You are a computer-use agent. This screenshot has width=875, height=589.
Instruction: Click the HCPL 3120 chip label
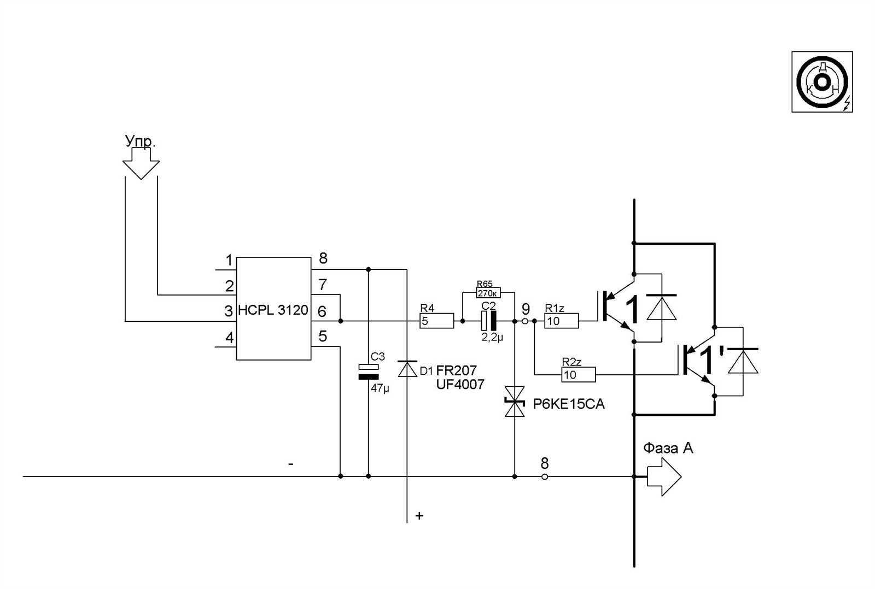click(273, 310)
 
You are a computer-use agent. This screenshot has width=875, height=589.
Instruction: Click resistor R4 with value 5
click(436, 321)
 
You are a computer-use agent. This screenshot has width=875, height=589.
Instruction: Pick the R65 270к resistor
click(488, 293)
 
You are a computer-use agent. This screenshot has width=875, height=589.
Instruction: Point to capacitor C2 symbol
click(488, 321)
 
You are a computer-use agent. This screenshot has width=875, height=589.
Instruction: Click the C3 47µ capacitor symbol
click(368, 372)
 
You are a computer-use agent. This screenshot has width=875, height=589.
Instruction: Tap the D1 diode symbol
click(407, 369)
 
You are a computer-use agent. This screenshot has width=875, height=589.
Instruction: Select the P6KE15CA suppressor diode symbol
click(515, 402)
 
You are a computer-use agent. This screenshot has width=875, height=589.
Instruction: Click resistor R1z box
click(561, 321)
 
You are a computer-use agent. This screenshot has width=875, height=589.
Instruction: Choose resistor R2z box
click(578, 375)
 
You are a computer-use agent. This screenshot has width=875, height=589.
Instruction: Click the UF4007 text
click(460, 385)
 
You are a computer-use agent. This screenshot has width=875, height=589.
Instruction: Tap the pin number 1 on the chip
click(229, 261)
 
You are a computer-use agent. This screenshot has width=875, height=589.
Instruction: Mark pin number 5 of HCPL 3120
click(323, 336)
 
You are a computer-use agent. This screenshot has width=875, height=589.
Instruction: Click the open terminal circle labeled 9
click(525, 321)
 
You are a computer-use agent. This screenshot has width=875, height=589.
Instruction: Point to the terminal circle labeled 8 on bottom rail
click(544, 476)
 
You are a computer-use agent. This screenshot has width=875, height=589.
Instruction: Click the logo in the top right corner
click(822, 82)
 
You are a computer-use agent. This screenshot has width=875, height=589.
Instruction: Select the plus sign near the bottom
click(419, 515)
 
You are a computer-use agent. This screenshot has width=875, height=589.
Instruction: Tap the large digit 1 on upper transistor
click(632, 310)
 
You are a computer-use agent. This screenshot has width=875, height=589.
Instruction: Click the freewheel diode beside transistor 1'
click(743, 362)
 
